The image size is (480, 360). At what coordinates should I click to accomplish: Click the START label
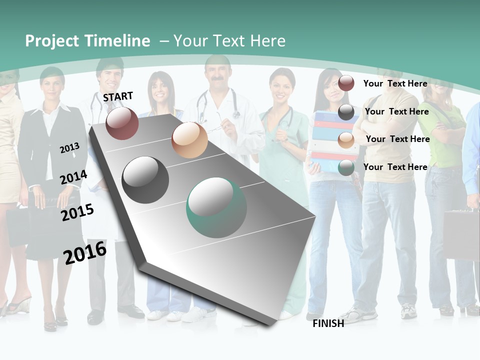(x=118, y=96)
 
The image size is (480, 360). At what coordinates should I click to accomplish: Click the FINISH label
(x=328, y=323)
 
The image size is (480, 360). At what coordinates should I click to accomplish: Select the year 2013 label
(x=69, y=147)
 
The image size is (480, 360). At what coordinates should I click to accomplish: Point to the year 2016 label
(x=85, y=253)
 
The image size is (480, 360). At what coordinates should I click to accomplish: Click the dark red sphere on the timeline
(x=122, y=123)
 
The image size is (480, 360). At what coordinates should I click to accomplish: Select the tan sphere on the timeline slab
(x=189, y=140)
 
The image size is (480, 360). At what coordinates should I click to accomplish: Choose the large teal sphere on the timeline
(x=216, y=207)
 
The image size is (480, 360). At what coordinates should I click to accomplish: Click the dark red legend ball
(x=346, y=83)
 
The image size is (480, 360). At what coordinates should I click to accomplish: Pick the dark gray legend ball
(x=346, y=112)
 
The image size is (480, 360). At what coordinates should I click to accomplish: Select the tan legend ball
(x=346, y=140)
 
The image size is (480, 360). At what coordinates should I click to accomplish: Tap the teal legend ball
(x=346, y=168)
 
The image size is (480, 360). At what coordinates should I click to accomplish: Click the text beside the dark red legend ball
(x=395, y=83)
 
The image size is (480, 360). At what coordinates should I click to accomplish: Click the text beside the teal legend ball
(x=395, y=167)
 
